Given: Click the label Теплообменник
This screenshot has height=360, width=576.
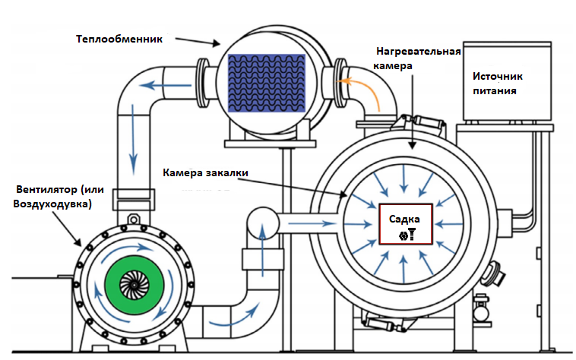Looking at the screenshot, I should tap(120, 38).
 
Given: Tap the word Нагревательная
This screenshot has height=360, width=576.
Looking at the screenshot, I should tap(419, 52).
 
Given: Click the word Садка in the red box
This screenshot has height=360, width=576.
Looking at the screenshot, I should tap(404, 219).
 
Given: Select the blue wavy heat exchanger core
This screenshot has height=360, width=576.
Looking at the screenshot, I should tap(266, 83).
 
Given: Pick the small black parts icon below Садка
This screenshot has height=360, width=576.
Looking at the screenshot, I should tap(407, 234).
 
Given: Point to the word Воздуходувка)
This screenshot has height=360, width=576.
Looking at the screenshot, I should tap(49, 205).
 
